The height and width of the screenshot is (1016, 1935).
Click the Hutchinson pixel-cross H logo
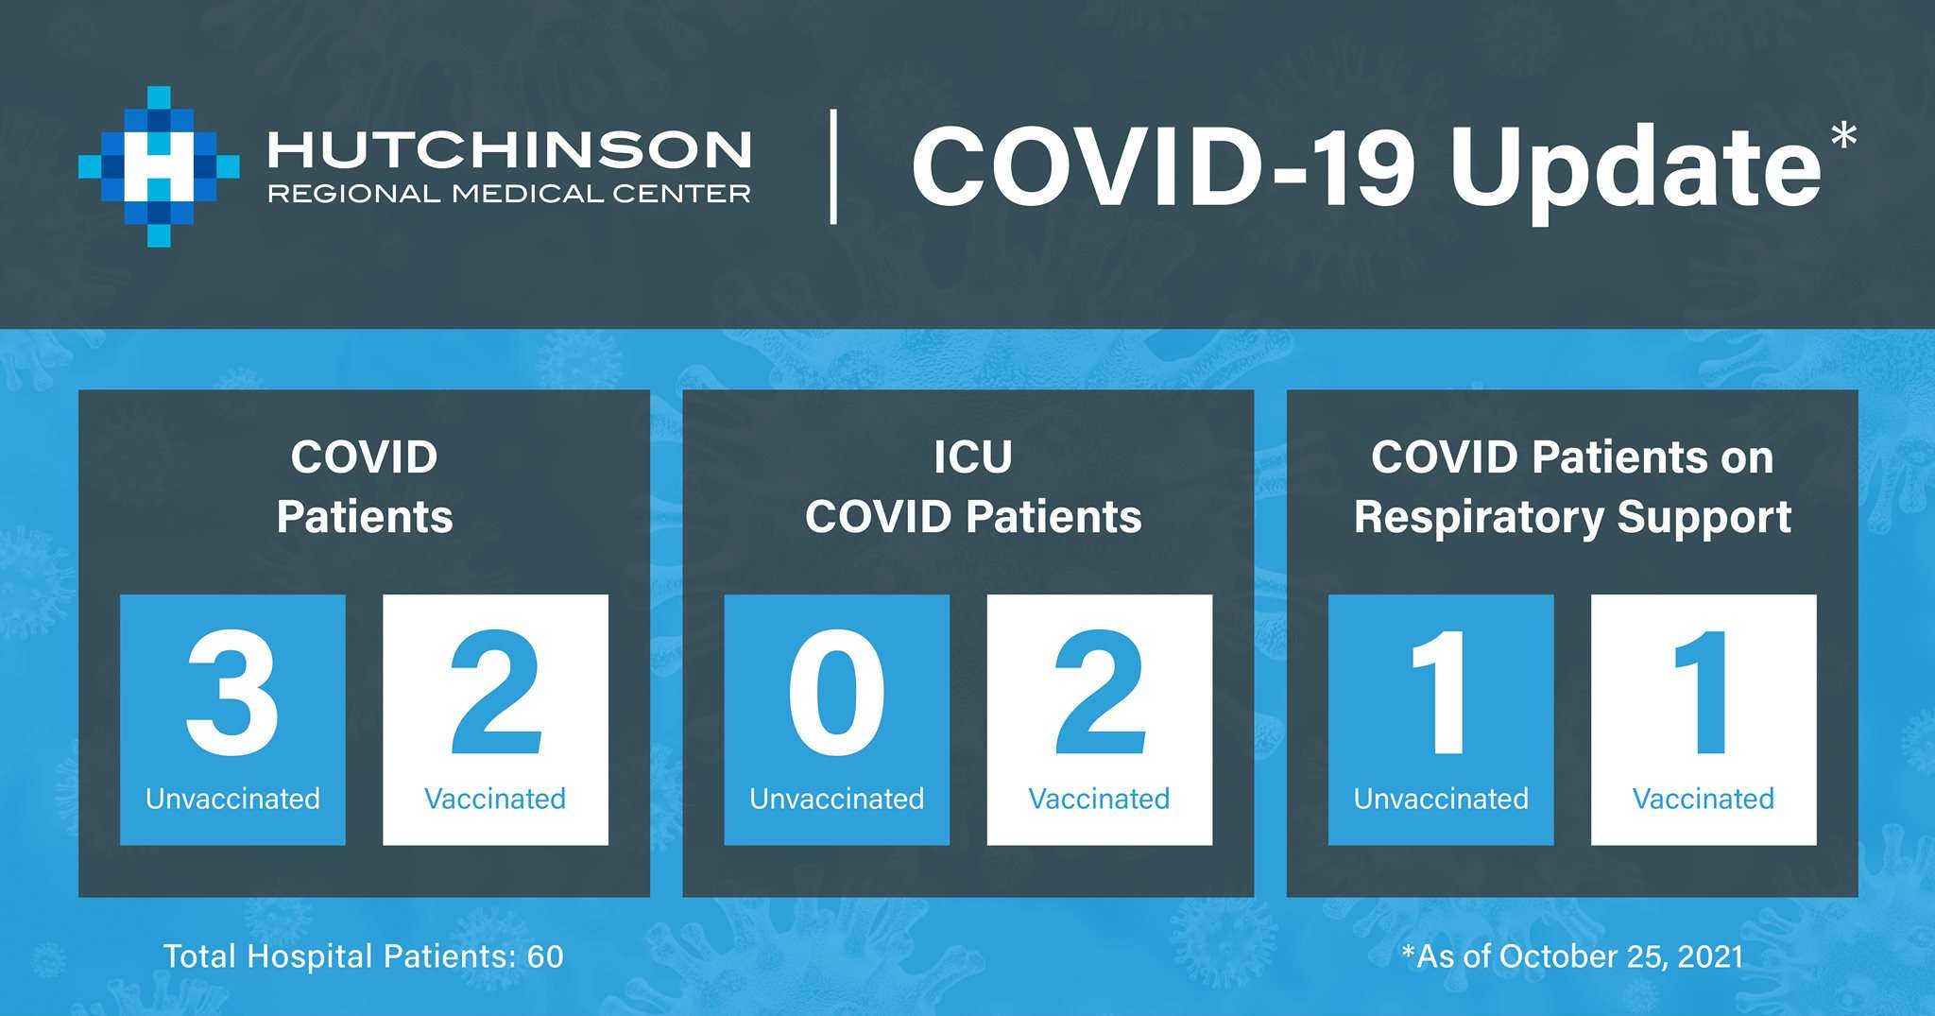tap(159, 166)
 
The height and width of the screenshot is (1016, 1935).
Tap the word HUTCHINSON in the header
tap(510, 149)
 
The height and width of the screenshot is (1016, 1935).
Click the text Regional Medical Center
tap(510, 194)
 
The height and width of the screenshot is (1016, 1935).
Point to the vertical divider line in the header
tap(833, 166)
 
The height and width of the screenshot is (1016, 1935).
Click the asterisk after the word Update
tap(1843, 136)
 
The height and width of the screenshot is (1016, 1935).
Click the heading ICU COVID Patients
tap(973, 488)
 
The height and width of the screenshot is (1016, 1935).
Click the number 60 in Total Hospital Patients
tap(545, 956)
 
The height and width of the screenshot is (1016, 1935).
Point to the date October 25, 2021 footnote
tap(1621, 956)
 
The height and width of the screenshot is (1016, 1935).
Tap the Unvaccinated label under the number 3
tap(232, 799)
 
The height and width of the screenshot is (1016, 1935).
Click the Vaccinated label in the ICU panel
tap(1099, 799)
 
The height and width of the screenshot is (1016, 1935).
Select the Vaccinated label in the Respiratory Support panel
tap(1704, 799)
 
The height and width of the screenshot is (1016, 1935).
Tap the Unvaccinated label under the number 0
tap(836, 799)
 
